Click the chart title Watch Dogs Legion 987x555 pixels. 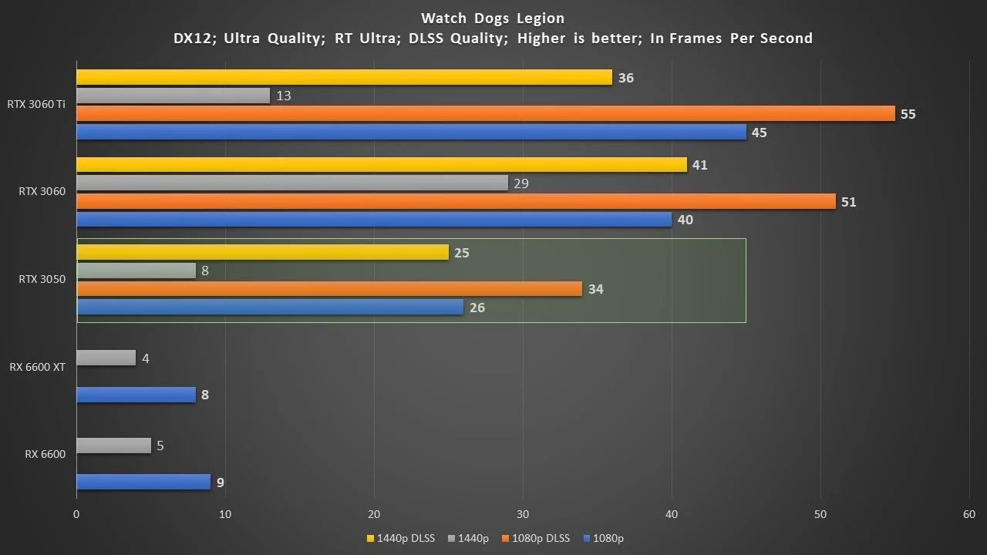[493, 18]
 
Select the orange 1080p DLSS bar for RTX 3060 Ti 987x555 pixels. [486, 114]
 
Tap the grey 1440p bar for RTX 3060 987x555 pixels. [292, 183]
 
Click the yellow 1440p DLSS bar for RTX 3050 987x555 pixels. [262, 253]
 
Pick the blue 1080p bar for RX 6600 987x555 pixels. [143, 483]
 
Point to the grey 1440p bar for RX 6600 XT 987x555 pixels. [106, 358]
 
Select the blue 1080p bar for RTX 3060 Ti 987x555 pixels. [411, 133]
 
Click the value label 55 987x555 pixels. [908, 114]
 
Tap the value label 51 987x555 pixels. [849, 202]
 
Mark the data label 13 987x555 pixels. [283, 96]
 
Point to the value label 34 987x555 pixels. [595, 290]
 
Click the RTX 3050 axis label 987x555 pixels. [42, 280]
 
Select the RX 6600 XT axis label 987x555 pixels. [37, 368]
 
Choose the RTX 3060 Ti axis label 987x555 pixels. [36, 105]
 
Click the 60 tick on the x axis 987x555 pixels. [969, 515]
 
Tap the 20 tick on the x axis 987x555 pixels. [374, 515]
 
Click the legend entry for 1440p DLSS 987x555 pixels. [400, 538]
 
